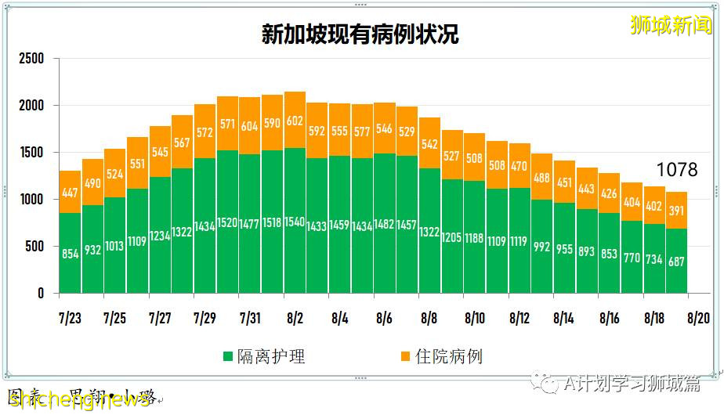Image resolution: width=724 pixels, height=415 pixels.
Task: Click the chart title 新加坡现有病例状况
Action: pyautogui.click(x=360, y=35)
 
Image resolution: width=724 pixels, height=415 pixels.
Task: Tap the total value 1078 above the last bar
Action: pyautogui.click(x=676, y=170)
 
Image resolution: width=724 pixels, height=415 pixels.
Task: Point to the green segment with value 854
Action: pyautogui.click(x=70, y=253)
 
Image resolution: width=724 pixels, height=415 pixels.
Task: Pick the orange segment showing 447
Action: pyautogui.click(x=70, y=192)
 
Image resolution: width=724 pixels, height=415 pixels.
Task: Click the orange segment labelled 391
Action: pyautogui.click(x=676, y=210)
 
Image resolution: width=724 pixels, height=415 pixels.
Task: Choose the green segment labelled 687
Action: pyautogui.click(x=676, y=261)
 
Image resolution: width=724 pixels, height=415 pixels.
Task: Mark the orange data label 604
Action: pyautogui.click(x=250, y=126)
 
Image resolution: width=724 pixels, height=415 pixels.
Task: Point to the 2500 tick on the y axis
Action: pyautogui.click(x=32, y=59)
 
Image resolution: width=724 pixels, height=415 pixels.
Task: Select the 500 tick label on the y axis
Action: pyautogui.click(x=36, y=247)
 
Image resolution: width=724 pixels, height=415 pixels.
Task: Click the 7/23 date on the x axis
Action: pyautogui.click(x=70, y=319)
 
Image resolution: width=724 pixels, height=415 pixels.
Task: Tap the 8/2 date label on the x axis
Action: pyautogui.click(x=295, y=319)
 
